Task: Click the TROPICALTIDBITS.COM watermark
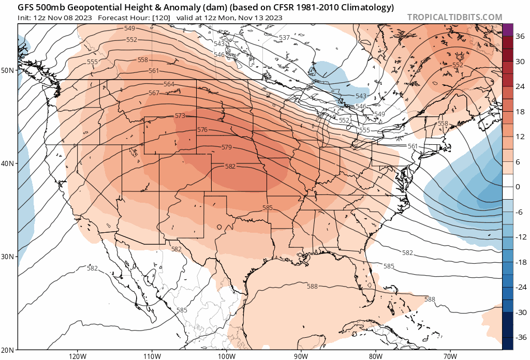coord(454,17)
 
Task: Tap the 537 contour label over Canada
coord(284,38)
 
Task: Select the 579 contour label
coord(226,147)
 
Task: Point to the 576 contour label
coord(202,129)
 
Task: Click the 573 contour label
coord(180,116)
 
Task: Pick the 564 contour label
coord(169,84)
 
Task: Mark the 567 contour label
coord(153,93)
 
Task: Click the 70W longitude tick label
coord(450,356)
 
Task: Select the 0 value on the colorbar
coord(518,187)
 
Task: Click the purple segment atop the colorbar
coord(507,29)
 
